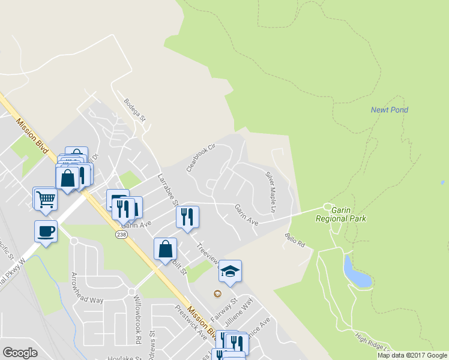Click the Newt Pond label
pyautogui.click(x=389, y=110)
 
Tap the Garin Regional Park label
pyautogui.click(x=341, y=214)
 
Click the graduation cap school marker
pyautogui.click(x=230, y=272)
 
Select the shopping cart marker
pyautogui.click(x=46, y=198)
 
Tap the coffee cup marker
pyautogui.click(x=46, y=232)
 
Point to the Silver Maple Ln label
pyautogui.click(x=270, y=192)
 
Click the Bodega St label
pyautogui.click(x=135, y=110)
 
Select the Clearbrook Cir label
pyautogui.click(x=200, y=158)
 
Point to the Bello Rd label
pyautogui.click(x=295, y=241)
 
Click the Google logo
pyautogui.click(x=20, y=353)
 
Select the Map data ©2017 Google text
pyautogui.click(x=411, y=355)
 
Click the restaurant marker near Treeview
pyautogui.click(x=187, y=217)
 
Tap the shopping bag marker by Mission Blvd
pyautogui.click(x=165, y=249)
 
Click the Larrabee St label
pyautogui.click(x=165, y=188)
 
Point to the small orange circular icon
pyautogui.click(x=217, y=293)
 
